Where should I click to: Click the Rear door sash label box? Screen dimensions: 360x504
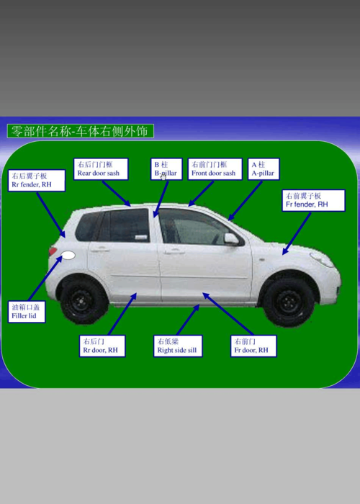tap(101, 169)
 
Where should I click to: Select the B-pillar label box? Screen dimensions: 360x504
tap(166, 169)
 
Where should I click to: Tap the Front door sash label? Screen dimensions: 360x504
tap(215, 169)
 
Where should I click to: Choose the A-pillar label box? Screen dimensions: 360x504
tap(264, 169)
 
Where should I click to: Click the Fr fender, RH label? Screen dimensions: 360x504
tap(314, 200)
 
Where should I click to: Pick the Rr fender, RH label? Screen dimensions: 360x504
tap(37, 181)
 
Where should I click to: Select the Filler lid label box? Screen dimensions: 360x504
tap(27, 312)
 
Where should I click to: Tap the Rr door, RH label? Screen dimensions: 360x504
tap(102, 346)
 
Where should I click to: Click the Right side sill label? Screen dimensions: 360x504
tap(178, 346)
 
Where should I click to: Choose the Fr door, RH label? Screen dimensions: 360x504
tap(253, 346)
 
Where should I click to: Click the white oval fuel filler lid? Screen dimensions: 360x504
tap(68, 256)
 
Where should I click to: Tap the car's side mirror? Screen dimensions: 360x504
tap(232, 238)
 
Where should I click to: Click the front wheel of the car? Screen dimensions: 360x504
tap(288, 302)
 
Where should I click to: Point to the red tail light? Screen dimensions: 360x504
tap(53, 251)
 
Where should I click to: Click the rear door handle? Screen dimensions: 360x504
tap(100, 249)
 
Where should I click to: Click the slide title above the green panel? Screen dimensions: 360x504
tap(81, 131)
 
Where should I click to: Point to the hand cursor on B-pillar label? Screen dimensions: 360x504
tap(163, 177)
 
